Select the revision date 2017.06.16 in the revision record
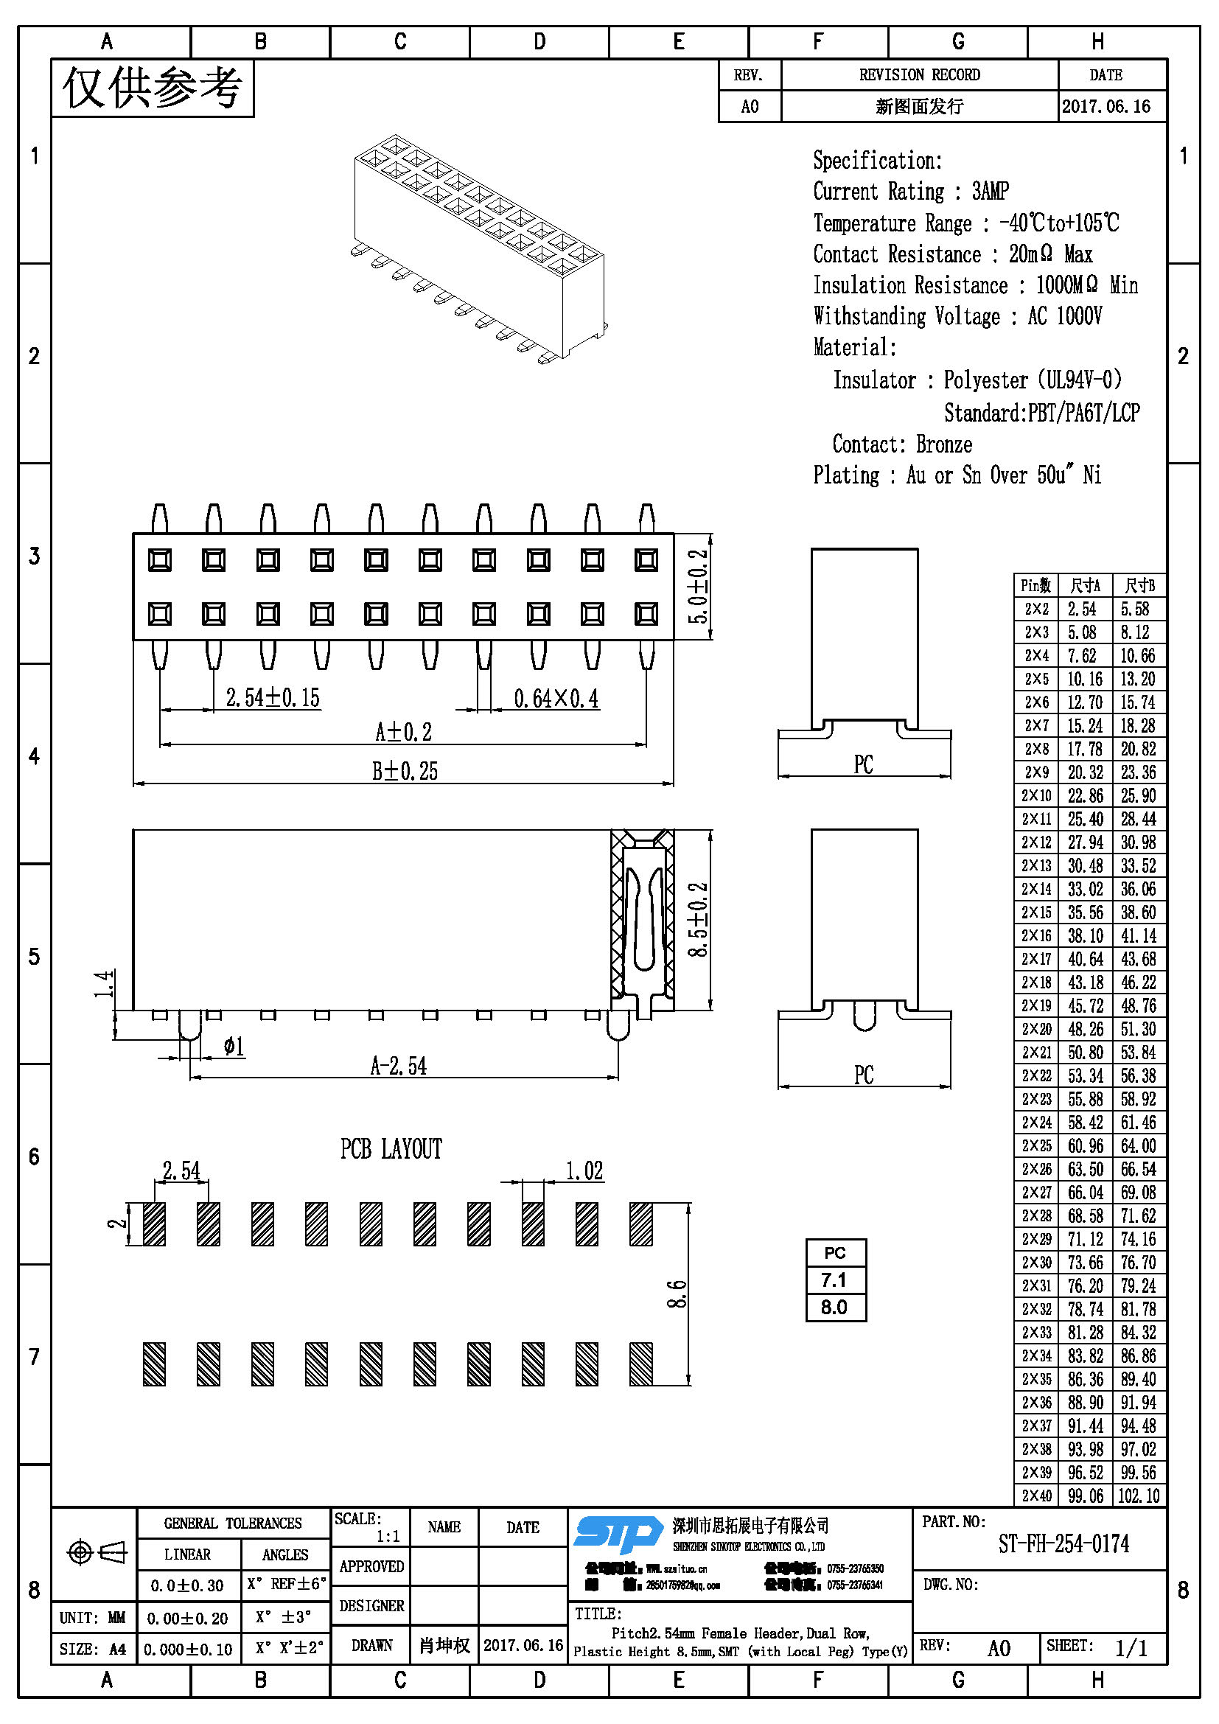(1106, 106)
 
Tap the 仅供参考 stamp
(153, 88)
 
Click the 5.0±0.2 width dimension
(698, 586)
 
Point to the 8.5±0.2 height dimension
(698, 919)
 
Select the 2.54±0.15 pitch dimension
(273, 697)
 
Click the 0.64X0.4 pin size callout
(556, 699)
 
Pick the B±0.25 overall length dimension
(405, 771)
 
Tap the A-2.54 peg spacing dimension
(398, 1066)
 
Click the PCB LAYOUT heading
(391, 1149)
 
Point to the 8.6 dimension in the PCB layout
(677, 1294)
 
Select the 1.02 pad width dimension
(584, 1170)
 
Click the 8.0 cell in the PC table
(834, 1308)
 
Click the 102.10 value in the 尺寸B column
(1138, 1496)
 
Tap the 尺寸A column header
(1085, 586)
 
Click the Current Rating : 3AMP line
(910, 192)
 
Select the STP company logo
(618, 1533)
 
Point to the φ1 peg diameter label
(234, 1046)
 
